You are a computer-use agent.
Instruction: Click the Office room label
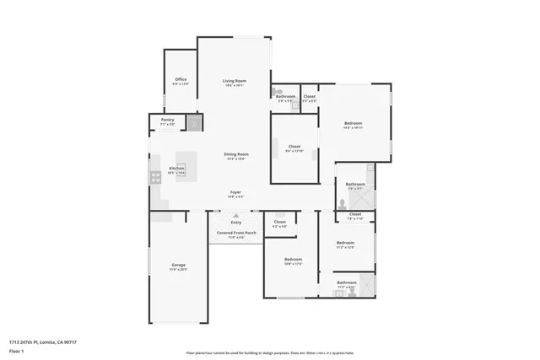[x=180, y=79]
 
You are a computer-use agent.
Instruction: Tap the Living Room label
[x=234, y=79]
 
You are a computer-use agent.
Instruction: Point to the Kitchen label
[x=176, y=168]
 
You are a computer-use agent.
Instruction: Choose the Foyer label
[x=235, y=192]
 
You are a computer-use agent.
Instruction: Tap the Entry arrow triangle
[x=235, y=216]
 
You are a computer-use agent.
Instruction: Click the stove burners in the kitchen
[x=155, y=177]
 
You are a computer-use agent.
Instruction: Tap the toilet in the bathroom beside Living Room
[x=277, y=90]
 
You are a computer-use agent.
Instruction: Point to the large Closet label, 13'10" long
[x=294, y=147]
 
